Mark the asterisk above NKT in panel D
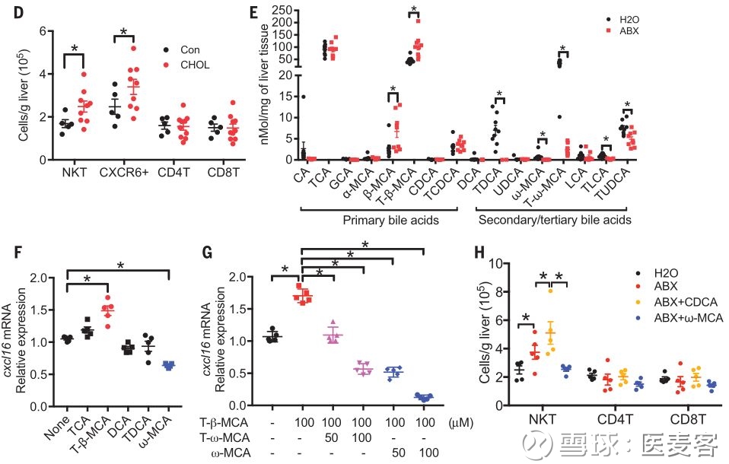pyautogui.click(x=74, y=48)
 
